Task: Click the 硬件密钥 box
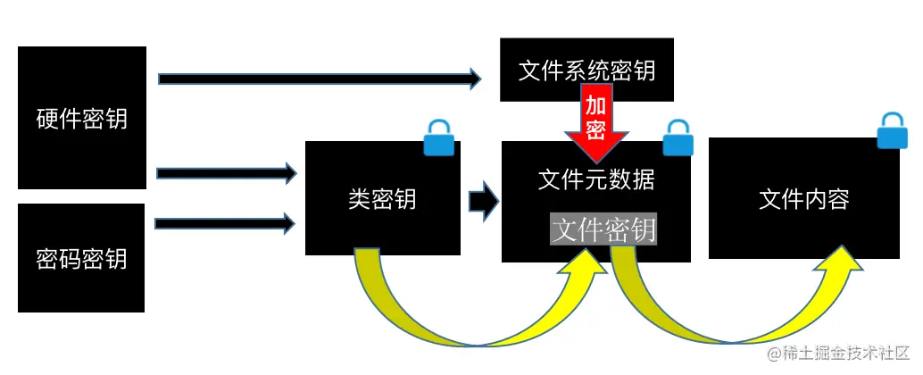(x=82, y=118)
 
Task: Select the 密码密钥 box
(x=81, y=257)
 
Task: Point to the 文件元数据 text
(x=596, y=179)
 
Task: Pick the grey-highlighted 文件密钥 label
(x=603, y=229)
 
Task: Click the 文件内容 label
(x=803, y=199)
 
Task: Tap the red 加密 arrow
(x=596, y=121)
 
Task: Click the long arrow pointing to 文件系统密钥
(x=319, y=79)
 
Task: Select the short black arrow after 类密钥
(x=483, y=200)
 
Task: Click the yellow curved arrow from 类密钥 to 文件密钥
(x=464, y=321)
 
